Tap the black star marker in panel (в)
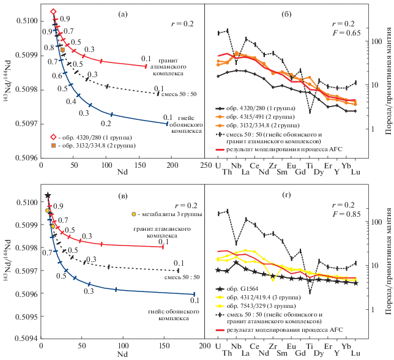click(x=48, y=195)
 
